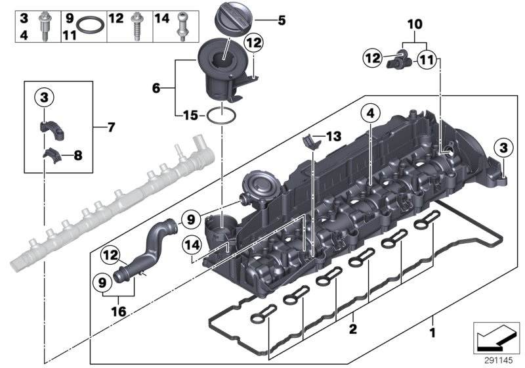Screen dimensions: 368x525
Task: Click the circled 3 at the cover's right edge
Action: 503,148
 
